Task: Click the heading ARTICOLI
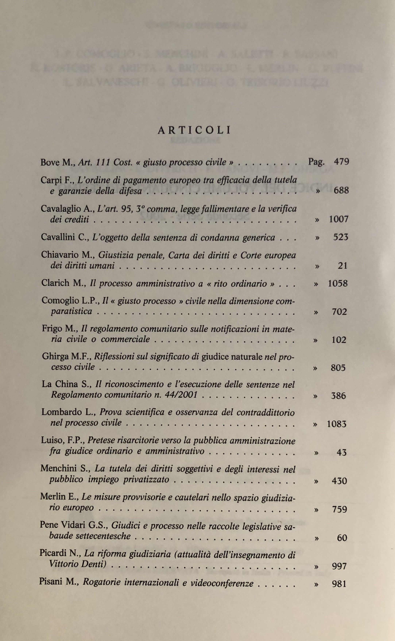[194, 130]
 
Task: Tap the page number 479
[341, 162]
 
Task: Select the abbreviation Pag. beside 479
[316, 162]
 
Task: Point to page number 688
[341, 191]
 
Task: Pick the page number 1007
[339, 219]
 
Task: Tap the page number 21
[342, 266]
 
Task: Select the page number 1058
[338, 283]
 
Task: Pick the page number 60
[342, 538]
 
